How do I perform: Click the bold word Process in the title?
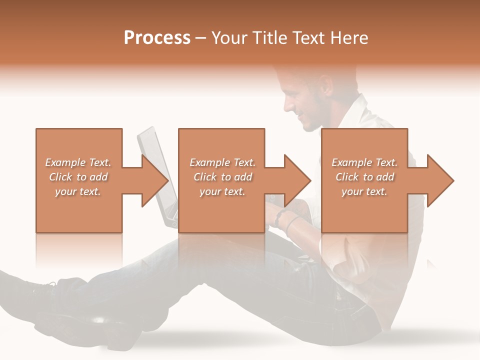tap(157, 37)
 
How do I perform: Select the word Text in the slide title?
tap(309, 37)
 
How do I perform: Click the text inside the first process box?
tap(78, 177)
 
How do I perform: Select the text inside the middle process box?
tap(222, 177)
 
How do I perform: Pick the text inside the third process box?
tap(364, 177)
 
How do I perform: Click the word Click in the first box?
tap(61, 177)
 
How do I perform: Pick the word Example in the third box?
tap(348, 162)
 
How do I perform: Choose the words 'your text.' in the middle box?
tap(222, 191)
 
